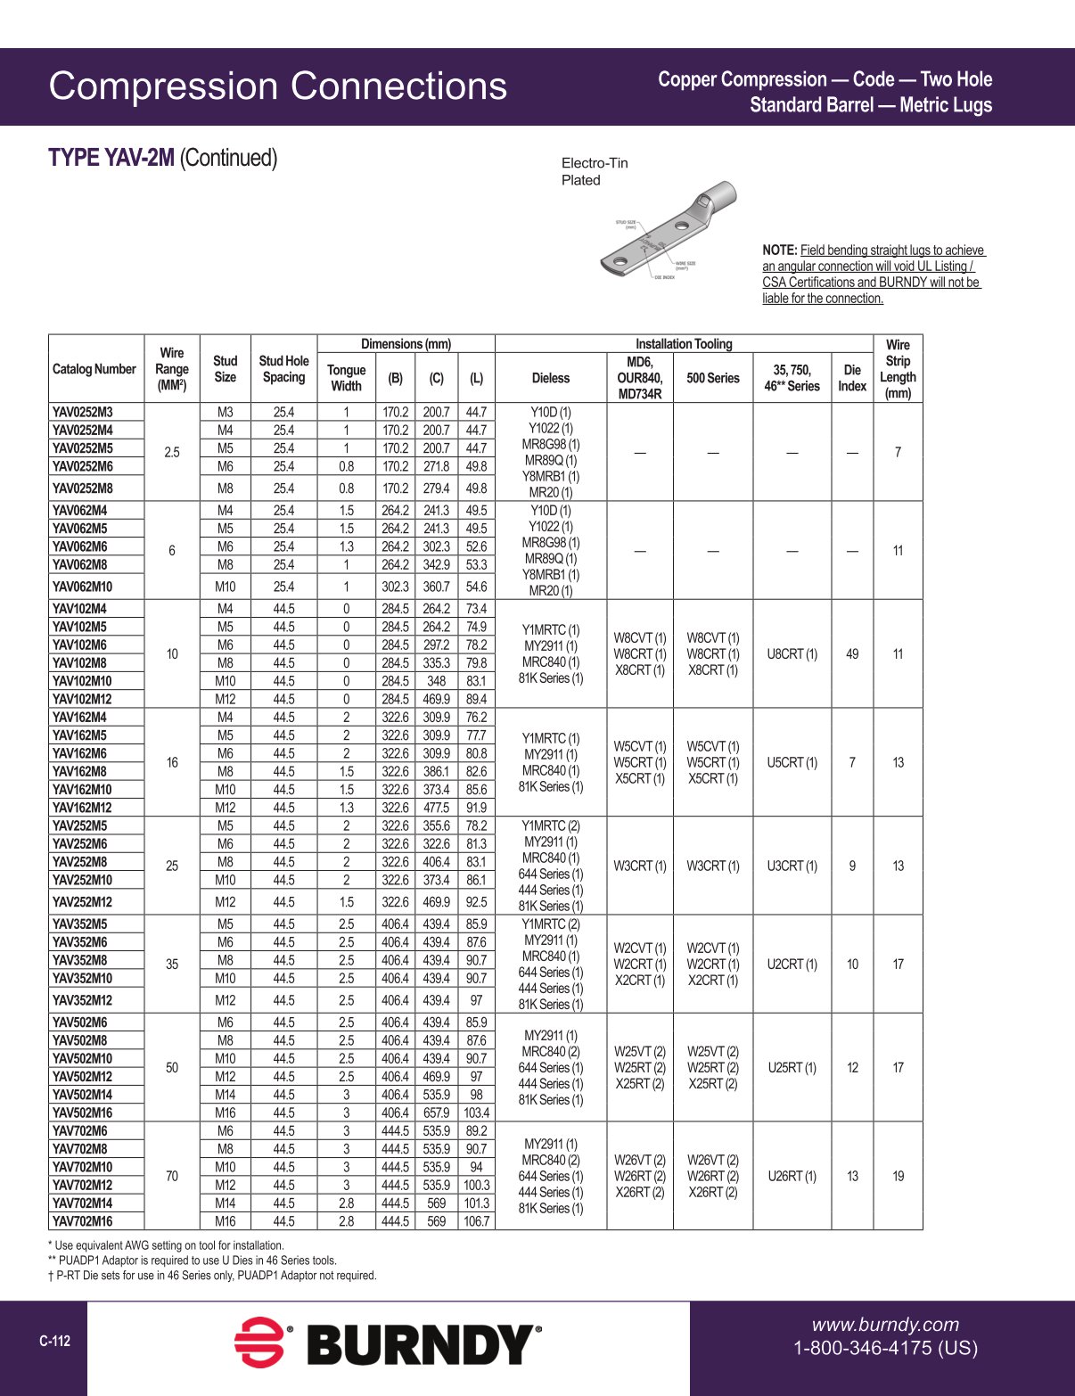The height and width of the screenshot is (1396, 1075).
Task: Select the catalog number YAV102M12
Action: point(82,700)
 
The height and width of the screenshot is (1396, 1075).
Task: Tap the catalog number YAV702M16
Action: point(82,1221)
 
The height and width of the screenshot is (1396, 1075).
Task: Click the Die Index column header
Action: point(852,378)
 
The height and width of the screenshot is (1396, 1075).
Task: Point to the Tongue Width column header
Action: point(346,378)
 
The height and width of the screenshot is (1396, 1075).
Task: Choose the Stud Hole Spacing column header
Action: point(283,369)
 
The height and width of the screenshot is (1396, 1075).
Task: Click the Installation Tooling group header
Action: point(684,344)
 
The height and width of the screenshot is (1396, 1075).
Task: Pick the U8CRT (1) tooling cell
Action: point(792,654)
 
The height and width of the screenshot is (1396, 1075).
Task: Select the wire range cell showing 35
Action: point(172,965)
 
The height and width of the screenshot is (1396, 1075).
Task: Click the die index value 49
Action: point(852,654)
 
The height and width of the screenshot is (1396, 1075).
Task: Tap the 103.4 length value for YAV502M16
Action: point(476,1113)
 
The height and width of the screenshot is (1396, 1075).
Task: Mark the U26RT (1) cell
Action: point(792,1177)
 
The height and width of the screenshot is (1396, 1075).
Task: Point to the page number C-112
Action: point(54,1342)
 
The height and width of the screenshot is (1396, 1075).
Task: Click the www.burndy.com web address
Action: point(885,1325)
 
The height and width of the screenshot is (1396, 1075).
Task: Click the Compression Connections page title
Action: point(277,86)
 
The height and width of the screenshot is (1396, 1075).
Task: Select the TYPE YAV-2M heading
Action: point(111,158)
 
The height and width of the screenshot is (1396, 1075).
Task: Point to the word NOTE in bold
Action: point(779,250)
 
